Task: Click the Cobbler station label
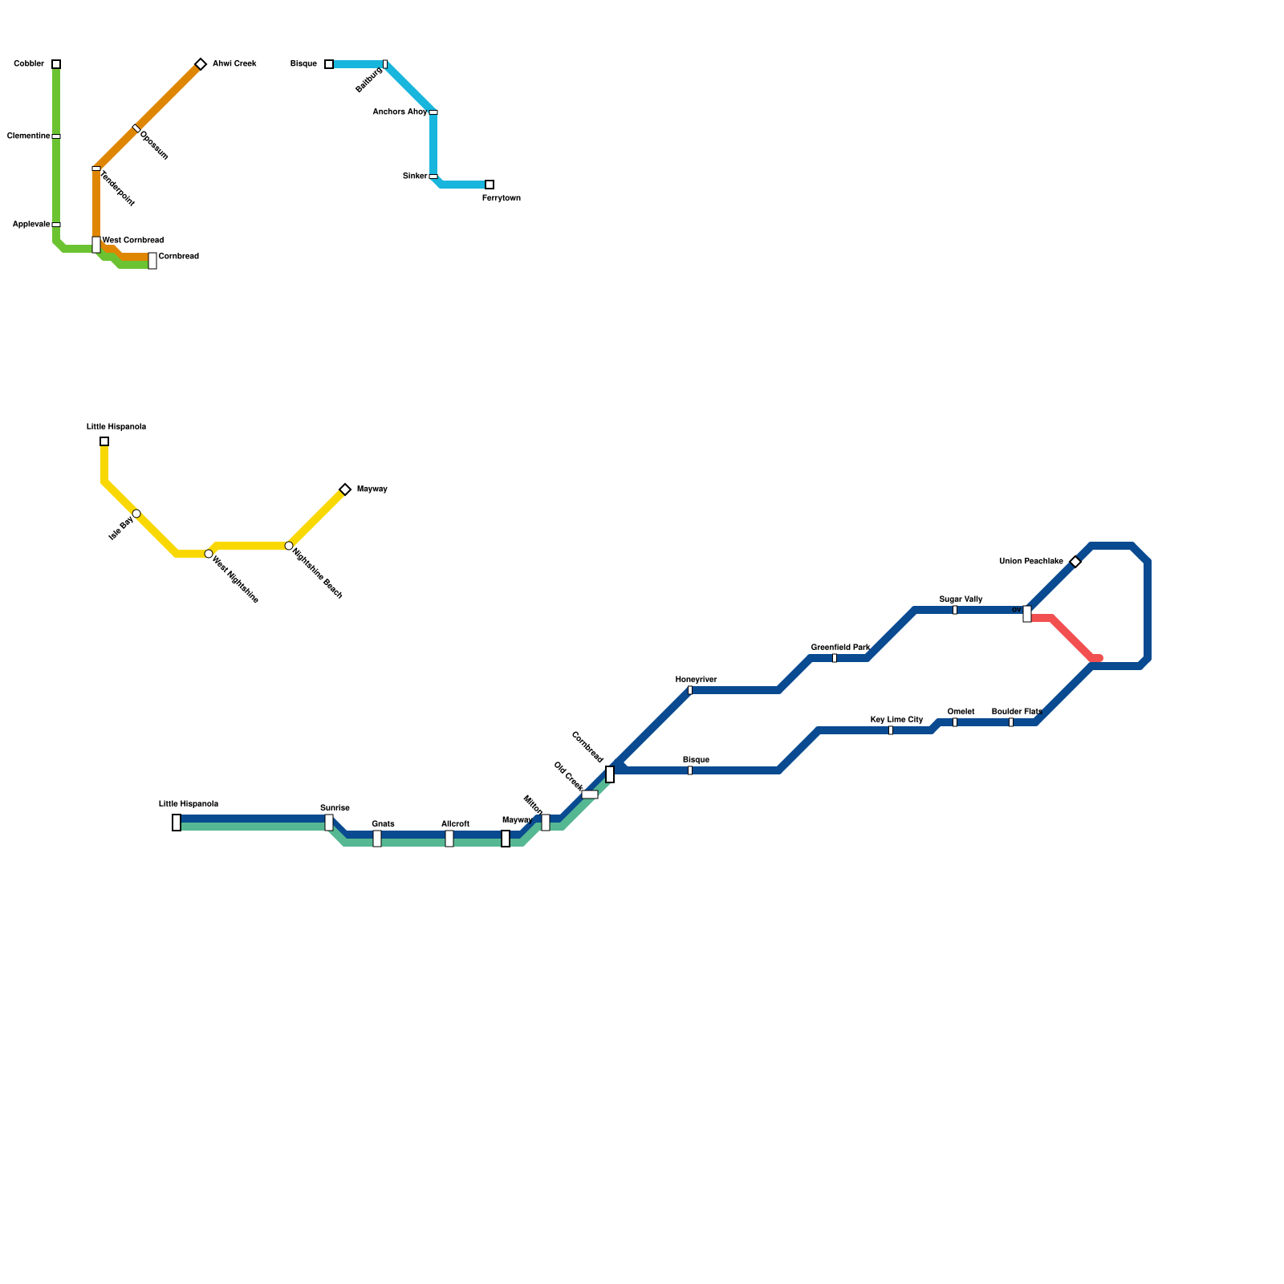click(29, 64)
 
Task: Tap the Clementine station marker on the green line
click(56, 136)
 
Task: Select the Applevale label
click(31, 225)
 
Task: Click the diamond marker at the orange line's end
click(201, 64)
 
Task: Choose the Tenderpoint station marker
click(96, 169)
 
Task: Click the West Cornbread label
click(133, 240)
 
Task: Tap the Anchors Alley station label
click(400, 112)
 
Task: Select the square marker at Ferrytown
click(490, 185)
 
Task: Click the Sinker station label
click(415, 177)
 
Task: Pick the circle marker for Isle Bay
click(136, 514)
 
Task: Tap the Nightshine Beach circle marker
click(289, 546)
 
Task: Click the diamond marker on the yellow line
click(345, 490)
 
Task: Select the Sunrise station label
click(335, 808)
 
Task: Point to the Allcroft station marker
click(449, 839)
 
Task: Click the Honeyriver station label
click(696, 680)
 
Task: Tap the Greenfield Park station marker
click(835, 658)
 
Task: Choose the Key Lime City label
click(896, 720)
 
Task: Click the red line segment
click(1071, 638)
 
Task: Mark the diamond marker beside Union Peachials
click(1075, 562)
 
